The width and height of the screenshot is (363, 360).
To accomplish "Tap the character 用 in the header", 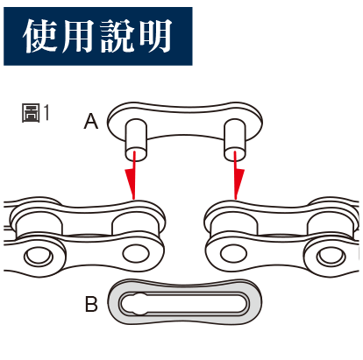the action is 77,36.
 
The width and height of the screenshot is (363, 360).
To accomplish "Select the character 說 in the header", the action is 117,36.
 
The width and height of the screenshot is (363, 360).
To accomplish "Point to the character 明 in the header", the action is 155,36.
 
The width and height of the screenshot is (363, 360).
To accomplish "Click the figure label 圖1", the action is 36,113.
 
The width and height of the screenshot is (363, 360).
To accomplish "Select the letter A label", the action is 91,121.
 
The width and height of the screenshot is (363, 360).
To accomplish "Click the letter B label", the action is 91,304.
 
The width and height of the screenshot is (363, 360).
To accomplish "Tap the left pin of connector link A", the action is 136,139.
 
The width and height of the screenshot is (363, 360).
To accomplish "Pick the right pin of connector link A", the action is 235,139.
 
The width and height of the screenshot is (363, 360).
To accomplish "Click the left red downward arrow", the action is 132,175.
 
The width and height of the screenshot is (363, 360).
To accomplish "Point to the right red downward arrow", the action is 238,175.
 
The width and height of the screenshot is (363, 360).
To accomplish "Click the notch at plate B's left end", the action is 139,304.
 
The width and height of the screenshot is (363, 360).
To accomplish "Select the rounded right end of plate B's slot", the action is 243,304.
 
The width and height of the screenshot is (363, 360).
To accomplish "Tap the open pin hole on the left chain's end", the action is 136,253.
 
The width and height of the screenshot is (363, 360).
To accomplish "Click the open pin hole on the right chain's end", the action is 233,253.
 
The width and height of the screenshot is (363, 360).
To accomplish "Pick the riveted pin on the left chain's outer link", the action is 39,257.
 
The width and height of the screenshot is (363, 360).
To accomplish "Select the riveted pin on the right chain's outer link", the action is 331,257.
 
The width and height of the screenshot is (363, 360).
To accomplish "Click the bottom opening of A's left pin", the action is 136,154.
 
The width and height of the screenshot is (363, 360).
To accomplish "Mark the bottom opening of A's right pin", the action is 235,154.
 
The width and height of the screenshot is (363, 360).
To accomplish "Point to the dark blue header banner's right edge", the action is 192,36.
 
